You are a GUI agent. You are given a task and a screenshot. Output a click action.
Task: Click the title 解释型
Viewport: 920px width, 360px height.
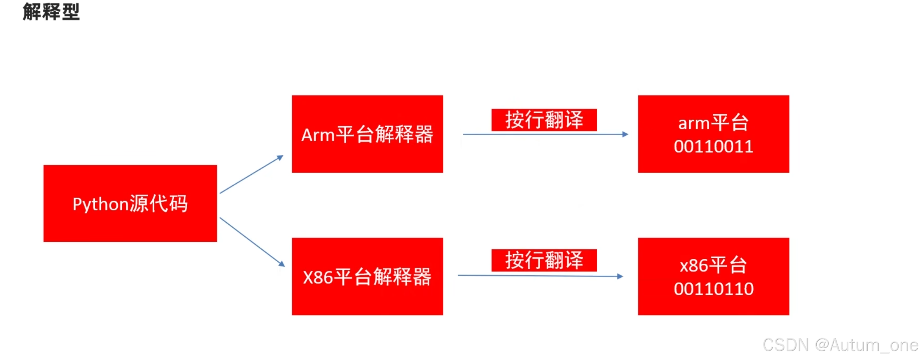(51, 12)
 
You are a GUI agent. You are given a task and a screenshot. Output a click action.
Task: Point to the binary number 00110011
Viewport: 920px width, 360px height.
(713, 147)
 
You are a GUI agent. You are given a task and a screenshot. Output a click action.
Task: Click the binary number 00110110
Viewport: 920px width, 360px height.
(713, 289)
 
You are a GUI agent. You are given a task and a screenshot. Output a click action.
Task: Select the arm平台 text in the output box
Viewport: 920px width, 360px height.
(713, 123)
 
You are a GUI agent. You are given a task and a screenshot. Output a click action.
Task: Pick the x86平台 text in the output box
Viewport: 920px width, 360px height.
(713, 266)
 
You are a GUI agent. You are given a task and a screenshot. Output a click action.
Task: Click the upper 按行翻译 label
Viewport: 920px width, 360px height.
(544, 120)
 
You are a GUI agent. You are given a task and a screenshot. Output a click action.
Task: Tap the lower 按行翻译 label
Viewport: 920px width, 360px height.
(544, 260)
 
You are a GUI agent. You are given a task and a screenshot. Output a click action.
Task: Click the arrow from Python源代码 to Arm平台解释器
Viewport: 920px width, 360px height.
(251, 175)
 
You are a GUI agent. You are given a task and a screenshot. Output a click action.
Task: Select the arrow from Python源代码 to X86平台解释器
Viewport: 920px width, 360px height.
(252, 242)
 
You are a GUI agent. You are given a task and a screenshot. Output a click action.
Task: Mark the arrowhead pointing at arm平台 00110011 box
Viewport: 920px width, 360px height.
(625, 134)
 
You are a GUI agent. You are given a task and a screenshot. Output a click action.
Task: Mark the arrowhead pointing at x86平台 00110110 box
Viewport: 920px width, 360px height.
(620, 277)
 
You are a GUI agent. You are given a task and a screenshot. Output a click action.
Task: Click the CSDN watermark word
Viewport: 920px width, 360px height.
(786, 345)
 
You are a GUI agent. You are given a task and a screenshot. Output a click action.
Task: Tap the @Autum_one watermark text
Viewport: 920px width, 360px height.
(866, 345)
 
